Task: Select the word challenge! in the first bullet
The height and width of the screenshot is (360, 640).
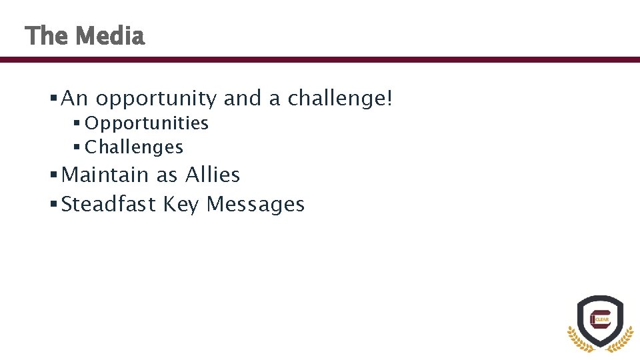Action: point(341,99)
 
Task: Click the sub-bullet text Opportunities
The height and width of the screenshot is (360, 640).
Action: point(147,123)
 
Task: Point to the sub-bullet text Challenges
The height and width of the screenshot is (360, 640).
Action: point(134,147)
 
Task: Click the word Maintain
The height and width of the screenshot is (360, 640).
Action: point(105,175)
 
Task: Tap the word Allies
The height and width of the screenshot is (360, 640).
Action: point(213,175)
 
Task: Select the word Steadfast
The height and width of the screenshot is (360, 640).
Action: point(108,204)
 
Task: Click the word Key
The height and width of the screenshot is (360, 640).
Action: point(181,205)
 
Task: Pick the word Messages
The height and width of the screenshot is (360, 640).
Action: point(255,204)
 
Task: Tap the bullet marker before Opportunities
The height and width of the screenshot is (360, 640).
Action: point(77,123)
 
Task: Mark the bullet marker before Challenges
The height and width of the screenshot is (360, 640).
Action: point(77,147)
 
